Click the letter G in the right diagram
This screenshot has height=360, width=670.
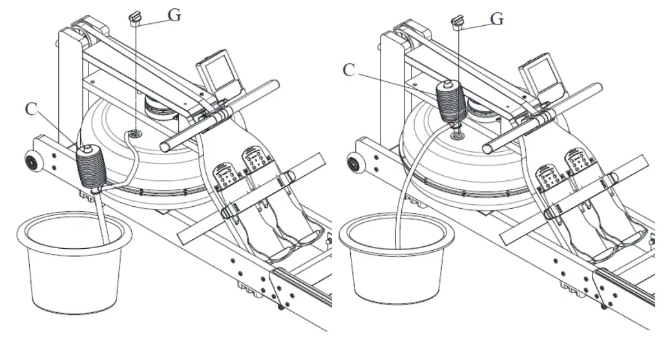click(497, 19)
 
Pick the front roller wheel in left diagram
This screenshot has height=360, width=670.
click(30, 161)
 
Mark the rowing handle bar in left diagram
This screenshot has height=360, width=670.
click(220, 116)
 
